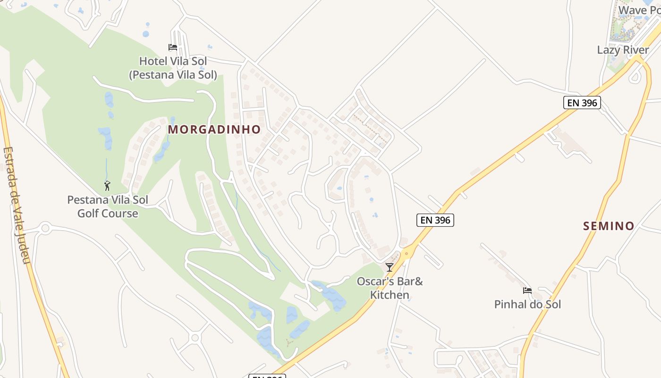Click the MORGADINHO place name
pos(214,129)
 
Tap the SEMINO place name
pos(609,226)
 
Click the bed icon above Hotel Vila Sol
pos(173,47)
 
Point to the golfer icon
pos(107,186)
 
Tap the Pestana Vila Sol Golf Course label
pos(108,206)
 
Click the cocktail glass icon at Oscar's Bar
pos(390,267)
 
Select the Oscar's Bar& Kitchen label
pos(390,288)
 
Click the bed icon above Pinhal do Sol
pos(527,290)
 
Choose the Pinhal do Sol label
pos(527,304)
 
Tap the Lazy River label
pos(623,50)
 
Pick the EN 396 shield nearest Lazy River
pos(582,103)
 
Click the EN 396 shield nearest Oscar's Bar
pos(435,220)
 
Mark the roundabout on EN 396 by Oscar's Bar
pos(407,252)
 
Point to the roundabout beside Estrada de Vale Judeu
pos(45,228)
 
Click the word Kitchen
pos(390,295)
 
